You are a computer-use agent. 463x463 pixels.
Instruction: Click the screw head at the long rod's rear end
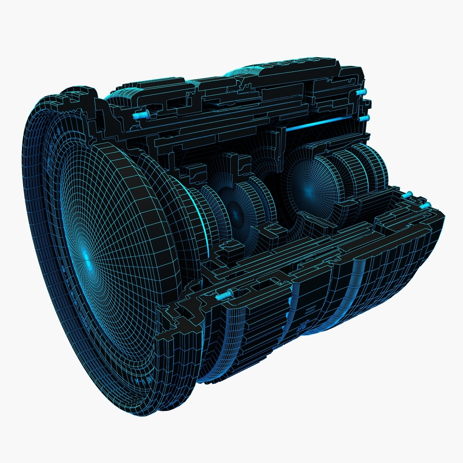[363, 118]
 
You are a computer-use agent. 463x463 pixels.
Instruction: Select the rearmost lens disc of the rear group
[376, 168]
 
